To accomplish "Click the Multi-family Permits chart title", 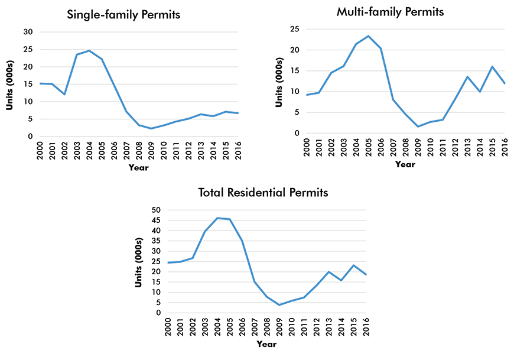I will [x=390, y=12].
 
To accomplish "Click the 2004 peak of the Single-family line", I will [x=90, y=51].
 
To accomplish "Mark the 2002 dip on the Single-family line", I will [x=65, y=95].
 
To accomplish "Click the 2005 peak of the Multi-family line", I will [x=369, y=36].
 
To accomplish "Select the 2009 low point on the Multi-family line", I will [x=418, y=127].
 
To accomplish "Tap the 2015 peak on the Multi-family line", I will [x=492, y=67].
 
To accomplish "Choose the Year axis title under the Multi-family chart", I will [x=405, y=165].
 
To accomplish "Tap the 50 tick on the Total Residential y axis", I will [x=157, y=210].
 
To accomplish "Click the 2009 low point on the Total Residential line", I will [x=279, y=305].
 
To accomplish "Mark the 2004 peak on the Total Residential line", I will [x=218, y=218].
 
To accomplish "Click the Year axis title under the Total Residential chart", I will [x=267, y=344].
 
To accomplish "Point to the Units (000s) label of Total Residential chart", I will [x=139, y=261].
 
